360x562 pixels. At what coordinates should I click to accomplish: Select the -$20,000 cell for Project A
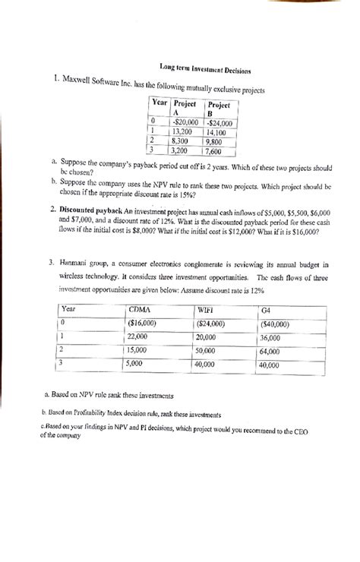pos(185,121)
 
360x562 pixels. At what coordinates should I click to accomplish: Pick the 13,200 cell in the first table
pos(185,130)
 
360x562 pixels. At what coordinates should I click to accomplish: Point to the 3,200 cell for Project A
pos(183,150)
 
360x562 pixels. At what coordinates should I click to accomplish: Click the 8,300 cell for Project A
pos(183,140)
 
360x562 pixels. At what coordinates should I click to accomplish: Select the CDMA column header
pos(139,309)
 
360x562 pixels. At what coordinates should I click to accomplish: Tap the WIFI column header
pos(207,309)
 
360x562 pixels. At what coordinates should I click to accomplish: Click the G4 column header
pos(266,309)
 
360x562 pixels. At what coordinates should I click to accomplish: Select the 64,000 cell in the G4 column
pos(269,351)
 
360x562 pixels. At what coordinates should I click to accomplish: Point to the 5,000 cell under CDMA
pos(137,365)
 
